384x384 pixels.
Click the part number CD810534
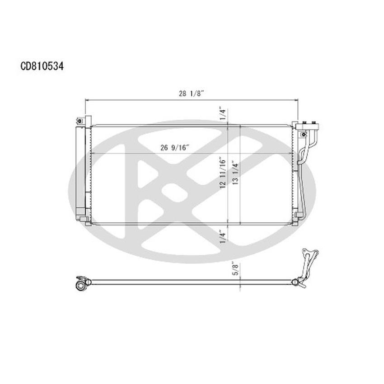point(42,66)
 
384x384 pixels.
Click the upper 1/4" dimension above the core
point(223,114)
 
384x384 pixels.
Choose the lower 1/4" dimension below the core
point(223,237)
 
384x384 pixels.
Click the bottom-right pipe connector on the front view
point(298,215)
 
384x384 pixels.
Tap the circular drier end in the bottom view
point(82,286)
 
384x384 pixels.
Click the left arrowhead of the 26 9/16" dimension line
point(93,154)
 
